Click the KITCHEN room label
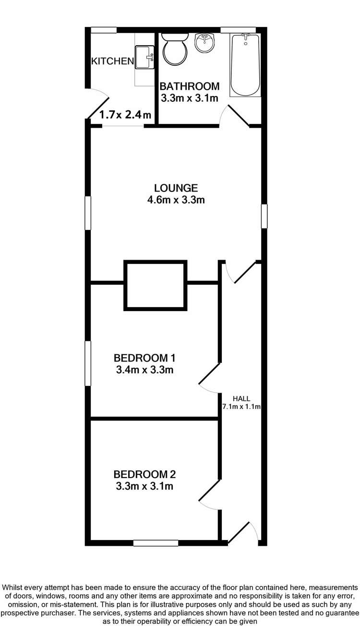point(112,61)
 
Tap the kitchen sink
point(144,57)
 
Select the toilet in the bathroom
point(174,49)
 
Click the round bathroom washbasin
point(206,43)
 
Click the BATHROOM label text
point(189,86)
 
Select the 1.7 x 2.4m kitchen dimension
point(125,115)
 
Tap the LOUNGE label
point(176,188)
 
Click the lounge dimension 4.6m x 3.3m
point(176,200)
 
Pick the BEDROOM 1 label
point(144,358)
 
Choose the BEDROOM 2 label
point(144,475)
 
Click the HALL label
point(240,398)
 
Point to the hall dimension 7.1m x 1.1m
point(241,407)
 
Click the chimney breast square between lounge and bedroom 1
point(156,285)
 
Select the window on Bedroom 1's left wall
point(88,363)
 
